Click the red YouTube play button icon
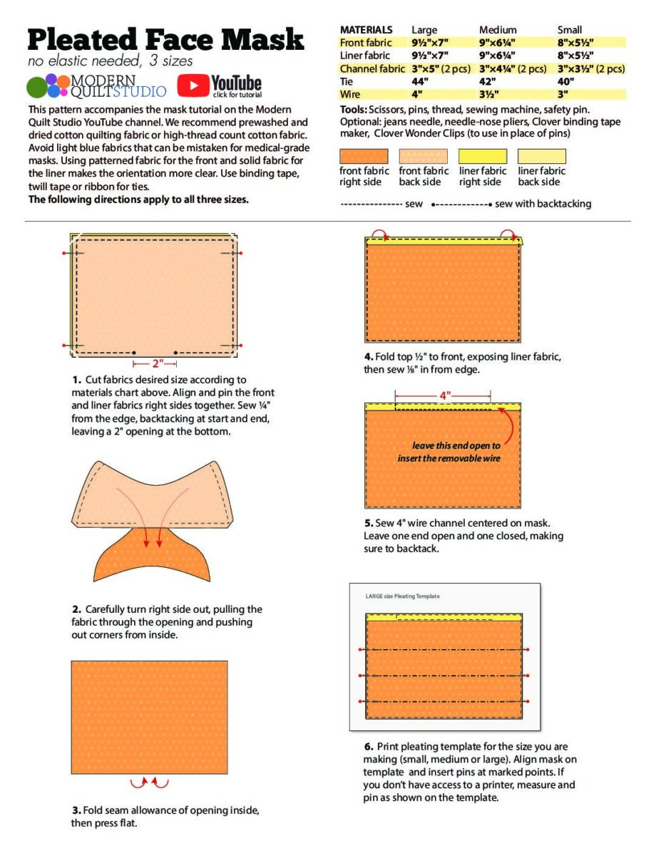[191, 85]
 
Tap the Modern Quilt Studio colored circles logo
[48, 85]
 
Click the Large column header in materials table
[424, 30]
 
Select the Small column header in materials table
[569, 30]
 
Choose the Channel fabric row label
[372, 68]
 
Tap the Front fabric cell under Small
[575, 43]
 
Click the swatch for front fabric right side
[364, 156]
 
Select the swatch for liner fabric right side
[482, 156]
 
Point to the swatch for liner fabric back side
[541, 156]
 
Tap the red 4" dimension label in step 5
[443, 395]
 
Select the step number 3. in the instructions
[76, 810]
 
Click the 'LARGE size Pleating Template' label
[402, 596]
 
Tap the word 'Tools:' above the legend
[354, 110]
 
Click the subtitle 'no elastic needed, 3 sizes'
[111, 61]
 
